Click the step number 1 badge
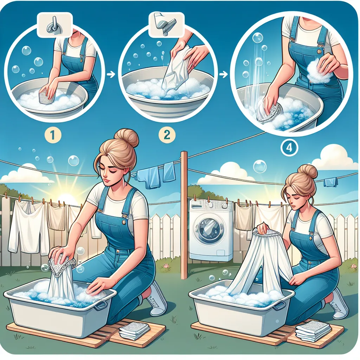(53, 135)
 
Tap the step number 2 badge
(167, 135)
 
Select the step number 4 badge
(289, 148)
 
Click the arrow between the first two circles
(111, 75)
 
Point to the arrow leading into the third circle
(224, 74)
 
